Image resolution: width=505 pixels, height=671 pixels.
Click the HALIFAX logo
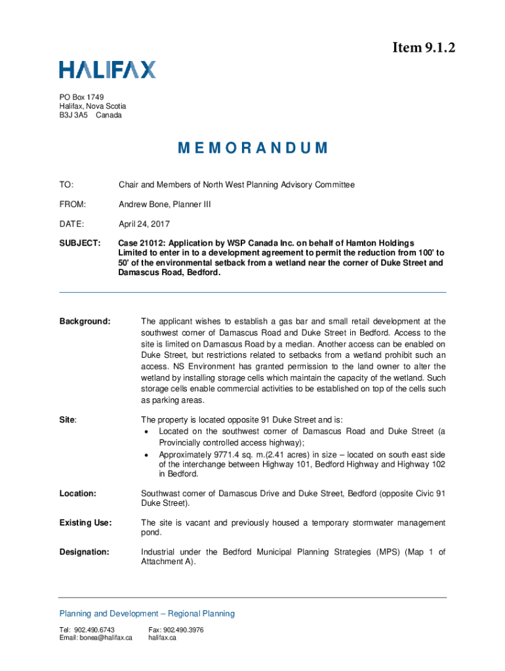click(x=108, y=69)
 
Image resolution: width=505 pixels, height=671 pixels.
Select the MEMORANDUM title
click(x=253, y=147)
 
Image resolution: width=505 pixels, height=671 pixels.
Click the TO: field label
click(x=66, y=185)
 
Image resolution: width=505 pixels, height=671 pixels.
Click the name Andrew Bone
click(x=145, y=204)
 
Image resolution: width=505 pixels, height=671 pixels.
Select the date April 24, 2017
click(x=144, y=224)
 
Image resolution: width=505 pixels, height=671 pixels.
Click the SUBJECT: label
click(x=79, y=243)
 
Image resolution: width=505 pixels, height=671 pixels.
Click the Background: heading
click(x=85, y=321)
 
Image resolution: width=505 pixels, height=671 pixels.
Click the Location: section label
click(x=78, y=493)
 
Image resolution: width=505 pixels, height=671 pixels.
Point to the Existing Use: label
click(x=85, y=522)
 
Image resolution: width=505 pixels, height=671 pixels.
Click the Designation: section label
click(x=84, y=552)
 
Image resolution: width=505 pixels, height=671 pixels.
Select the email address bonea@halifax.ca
click(x=96, y=638)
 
